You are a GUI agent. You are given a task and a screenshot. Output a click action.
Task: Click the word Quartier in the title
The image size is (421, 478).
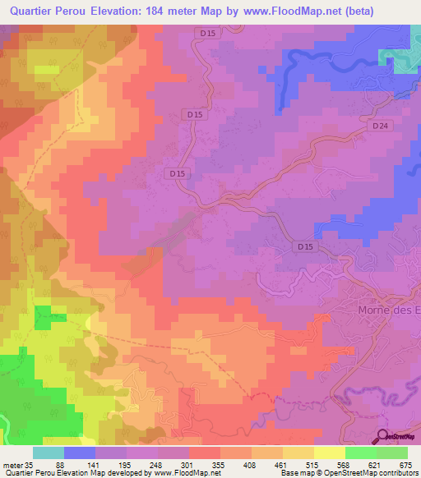pos(31,11)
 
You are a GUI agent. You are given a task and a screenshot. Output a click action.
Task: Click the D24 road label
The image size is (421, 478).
pos(378,126)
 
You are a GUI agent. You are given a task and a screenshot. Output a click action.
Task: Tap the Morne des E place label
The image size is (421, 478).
pos(389,310)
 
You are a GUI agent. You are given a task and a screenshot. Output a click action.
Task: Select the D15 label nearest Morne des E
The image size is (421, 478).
pos(305,246)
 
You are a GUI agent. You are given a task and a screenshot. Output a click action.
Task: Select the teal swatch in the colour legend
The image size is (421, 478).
pos(49,453)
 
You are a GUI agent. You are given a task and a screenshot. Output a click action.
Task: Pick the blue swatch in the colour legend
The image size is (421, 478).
pos(80,453)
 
